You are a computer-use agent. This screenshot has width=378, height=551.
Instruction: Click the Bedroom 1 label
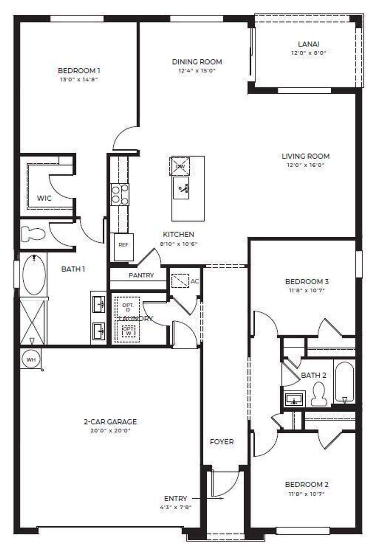tap(79, 70)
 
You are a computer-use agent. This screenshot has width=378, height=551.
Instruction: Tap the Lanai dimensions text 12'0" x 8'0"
tap(308, 53)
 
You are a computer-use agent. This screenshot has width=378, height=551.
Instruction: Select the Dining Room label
tap(197, 62)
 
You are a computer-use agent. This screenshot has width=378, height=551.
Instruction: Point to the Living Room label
tap(305, 156)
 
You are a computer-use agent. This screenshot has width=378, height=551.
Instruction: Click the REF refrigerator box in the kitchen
tap(123, 245)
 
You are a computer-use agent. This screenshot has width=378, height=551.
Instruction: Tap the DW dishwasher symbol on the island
tap(180, 166)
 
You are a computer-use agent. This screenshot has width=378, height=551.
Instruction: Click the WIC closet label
tap(44, 198)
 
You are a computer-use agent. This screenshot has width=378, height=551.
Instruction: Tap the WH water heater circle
tap(31, 359)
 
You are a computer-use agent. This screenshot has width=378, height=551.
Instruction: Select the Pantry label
tap(141, 275)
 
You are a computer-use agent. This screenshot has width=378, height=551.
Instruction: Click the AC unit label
tap(195, 281)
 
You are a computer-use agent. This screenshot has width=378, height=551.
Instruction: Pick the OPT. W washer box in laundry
tap(129, 330)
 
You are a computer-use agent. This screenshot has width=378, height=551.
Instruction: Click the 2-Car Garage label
tap(110, 422)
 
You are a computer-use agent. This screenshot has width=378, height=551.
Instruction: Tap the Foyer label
tap(221, 441)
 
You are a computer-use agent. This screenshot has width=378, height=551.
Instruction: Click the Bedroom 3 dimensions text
tap(307, 290)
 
